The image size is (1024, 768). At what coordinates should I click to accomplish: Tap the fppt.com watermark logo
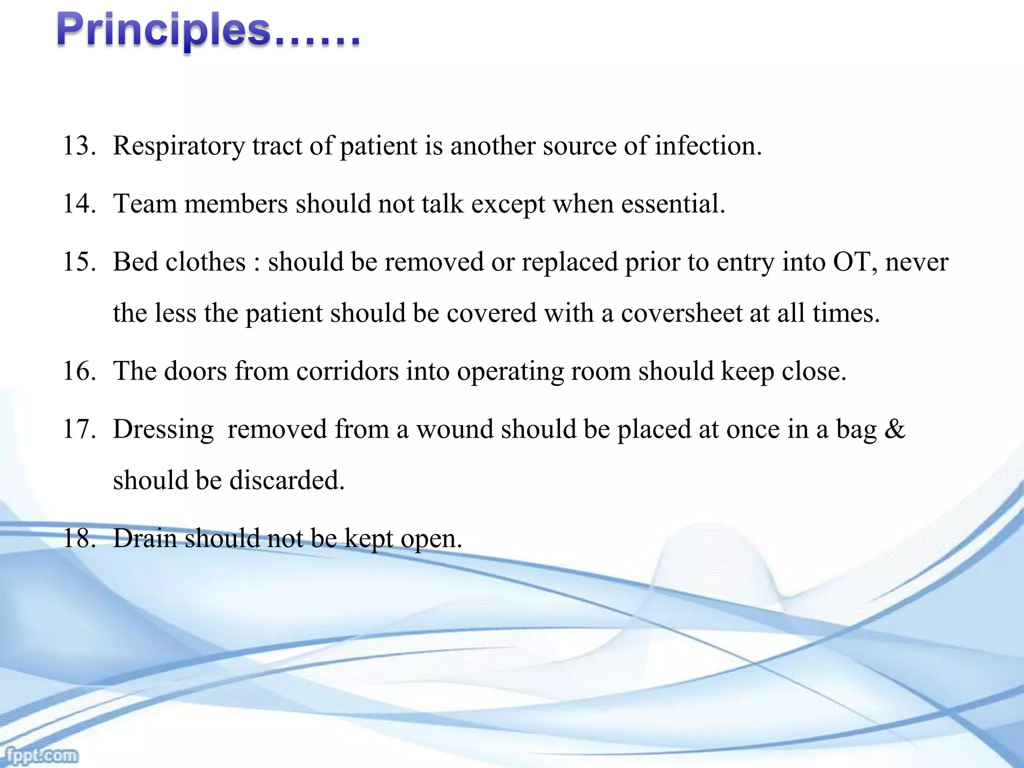[x=39, y=755]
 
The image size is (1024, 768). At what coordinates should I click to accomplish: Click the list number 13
[x=78, y=146]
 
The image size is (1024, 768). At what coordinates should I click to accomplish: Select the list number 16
[x=78, y=371]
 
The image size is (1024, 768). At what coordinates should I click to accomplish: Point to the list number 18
[x=78, y=539]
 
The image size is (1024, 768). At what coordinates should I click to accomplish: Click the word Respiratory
[x=178, y=146]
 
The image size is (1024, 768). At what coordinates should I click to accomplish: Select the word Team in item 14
[x=145, y=204]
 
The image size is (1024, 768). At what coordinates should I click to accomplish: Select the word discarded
[x=286, y=481]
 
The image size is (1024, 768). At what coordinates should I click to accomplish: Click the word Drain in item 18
[x=145, y=539]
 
